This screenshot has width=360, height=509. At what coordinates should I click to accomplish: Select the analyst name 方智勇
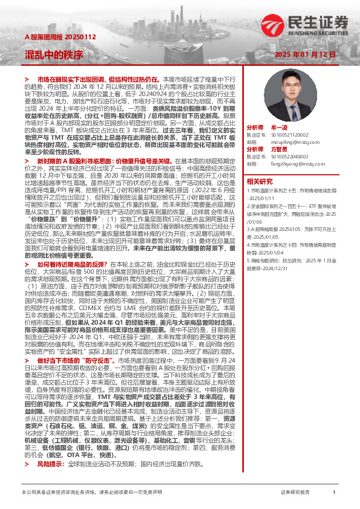pos(279,149)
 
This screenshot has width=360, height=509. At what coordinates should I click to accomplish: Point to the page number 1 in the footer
pos(334,493)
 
